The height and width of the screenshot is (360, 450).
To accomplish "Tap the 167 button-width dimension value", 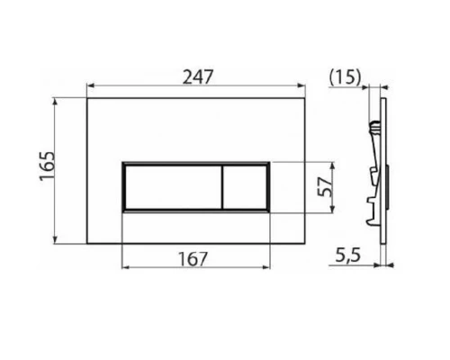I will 194,258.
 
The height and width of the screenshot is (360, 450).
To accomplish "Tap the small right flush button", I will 243,186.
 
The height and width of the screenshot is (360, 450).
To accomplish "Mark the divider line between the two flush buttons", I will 220,186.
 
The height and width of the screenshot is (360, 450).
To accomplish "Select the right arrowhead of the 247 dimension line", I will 302,88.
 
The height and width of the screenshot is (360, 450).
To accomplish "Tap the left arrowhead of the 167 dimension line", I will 124,268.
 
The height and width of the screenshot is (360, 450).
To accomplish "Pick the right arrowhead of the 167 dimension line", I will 266,268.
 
